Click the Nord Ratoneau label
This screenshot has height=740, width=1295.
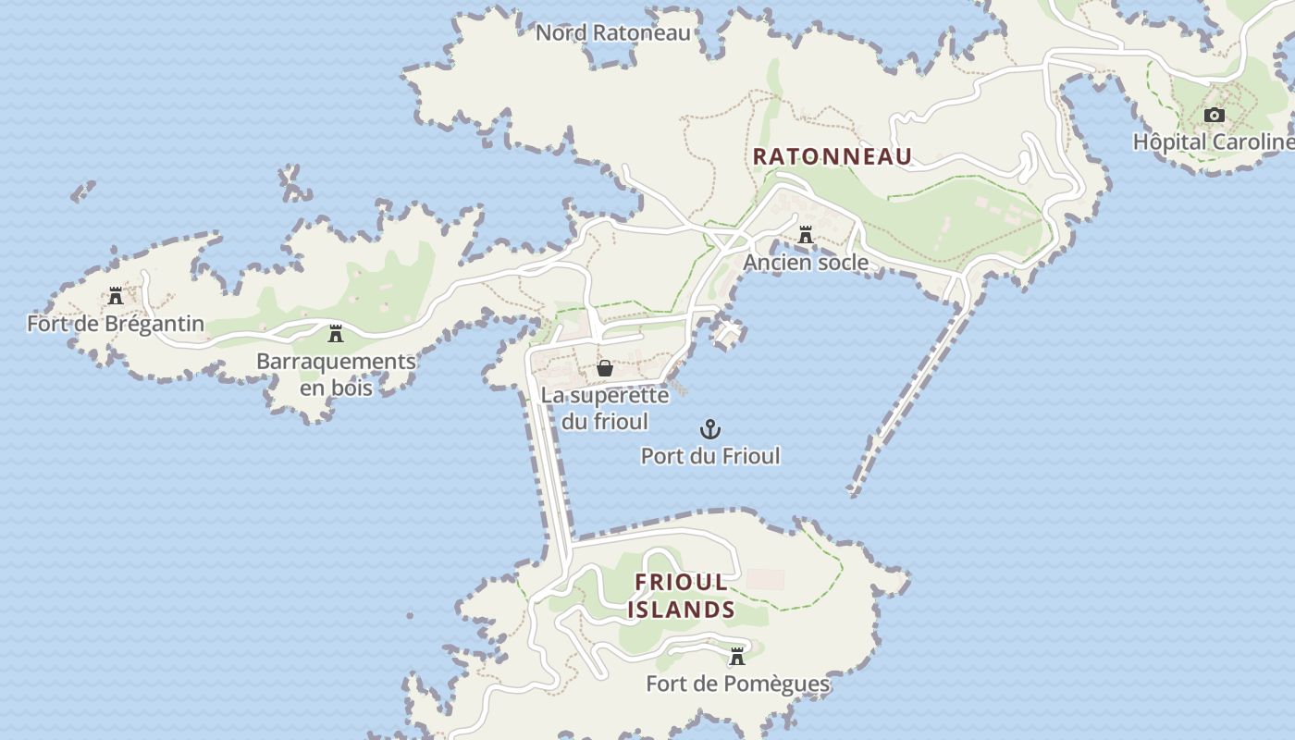click(x=613, y=33)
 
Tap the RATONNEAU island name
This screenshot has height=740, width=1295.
click(x=832, y=156)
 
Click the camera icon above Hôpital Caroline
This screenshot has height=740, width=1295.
click(x=1215, y=116)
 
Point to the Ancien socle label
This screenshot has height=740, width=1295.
click(x=806, y=263)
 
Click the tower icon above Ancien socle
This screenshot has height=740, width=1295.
click(x=806, y=236)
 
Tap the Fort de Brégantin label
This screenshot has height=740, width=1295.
click(x=116, y=324)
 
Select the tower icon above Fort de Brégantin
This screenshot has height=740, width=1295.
click(x=116, y=297)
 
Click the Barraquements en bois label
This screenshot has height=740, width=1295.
click(x=336, y=374)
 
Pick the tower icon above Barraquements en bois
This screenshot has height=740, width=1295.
click(x=336, y=334)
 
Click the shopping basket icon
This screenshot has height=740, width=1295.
click(x=605, y=368)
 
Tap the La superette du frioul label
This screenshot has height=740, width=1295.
click(x=605, y=408)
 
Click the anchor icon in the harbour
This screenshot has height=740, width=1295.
click(x=710, y=429)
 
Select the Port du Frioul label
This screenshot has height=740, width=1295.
click(x=710, y=456)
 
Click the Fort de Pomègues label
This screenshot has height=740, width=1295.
click(x=737, y=684)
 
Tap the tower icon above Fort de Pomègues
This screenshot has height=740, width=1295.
click(x=737, y=657)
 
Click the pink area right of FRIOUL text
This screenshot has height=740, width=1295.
click(x=765, y=580)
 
